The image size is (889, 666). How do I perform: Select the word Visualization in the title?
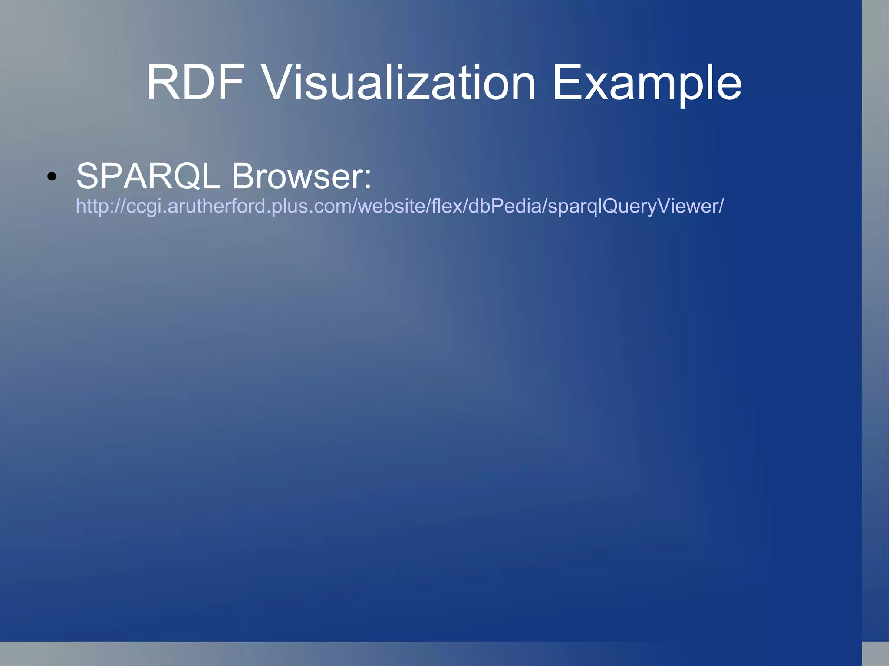click(x=399, y=82)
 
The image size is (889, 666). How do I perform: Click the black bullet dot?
click(x=52, y=176)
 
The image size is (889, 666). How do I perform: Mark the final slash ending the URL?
click(x=721, y=206)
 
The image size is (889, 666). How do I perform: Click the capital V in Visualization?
click(x=278, y=82)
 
